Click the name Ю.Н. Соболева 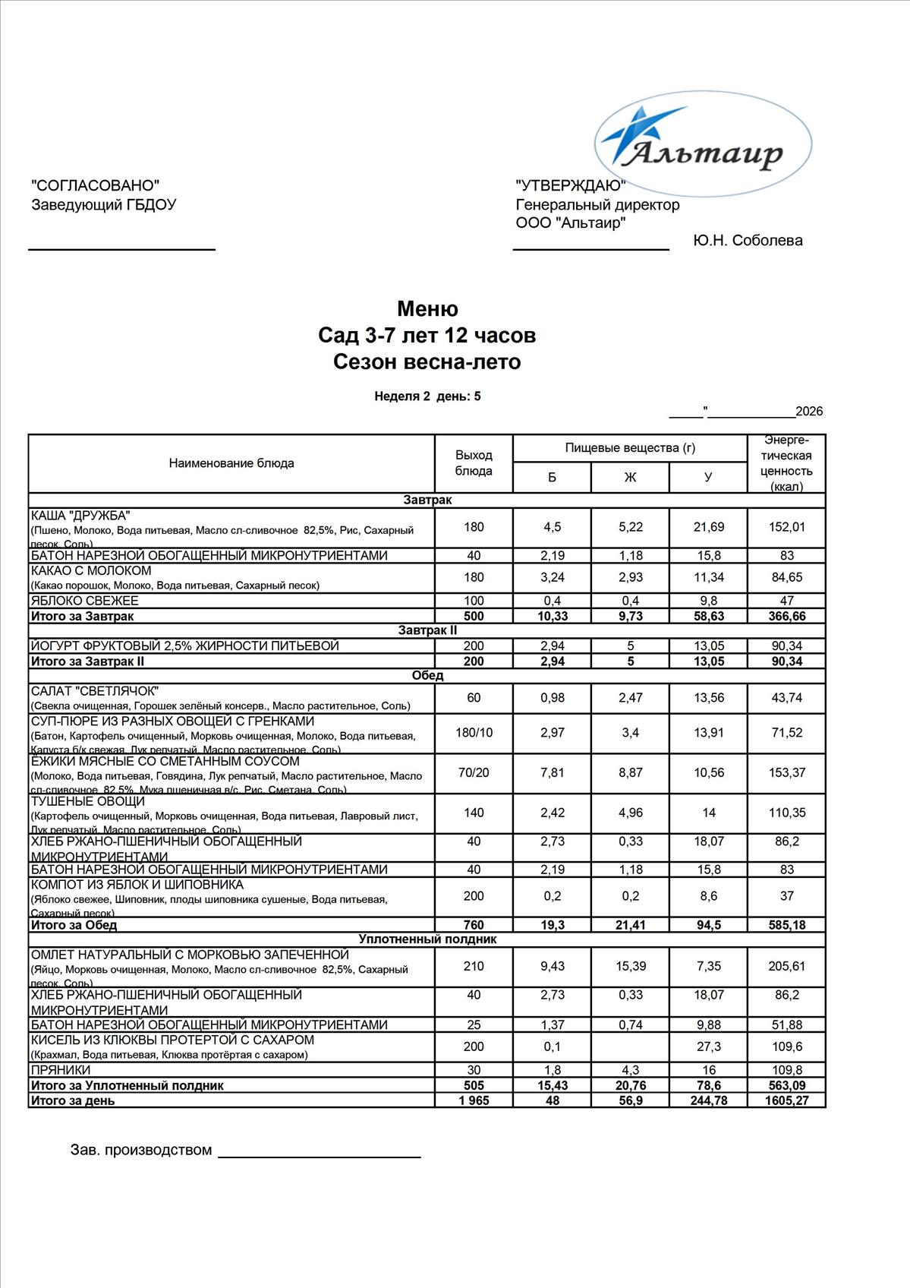pyautogui.click(x=748, y=241)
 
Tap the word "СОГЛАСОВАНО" pyautogui.click(x=96, y=185)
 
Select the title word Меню pyautogui.click(x=427, y=309)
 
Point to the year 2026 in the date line pyautogui.click(x=809, y=412)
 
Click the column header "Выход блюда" pyautogui.click(x=474, y=463)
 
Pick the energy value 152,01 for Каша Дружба pyautogui.click(x=786, y=527)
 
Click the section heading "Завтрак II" pyautogui.click(x=427, y=630)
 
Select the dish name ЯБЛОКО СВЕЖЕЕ pyautogui.click(x=84, y=601)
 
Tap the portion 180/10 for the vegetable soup pyautogui.click(x=474, y=733)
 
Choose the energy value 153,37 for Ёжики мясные pyautogui.click(x=786, y=772)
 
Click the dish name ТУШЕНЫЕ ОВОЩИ pyautogui.click(x=87, y=802)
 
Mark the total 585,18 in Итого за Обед pyautogui.click(x=786, y=925)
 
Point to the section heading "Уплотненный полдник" pyautogui.click(x=427, y=939)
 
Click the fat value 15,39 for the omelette pyautogui.click(x=630, y=966)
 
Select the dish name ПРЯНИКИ pyautogui.click(x=61, y=1070)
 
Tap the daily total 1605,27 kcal pyautogui.click(x=786, y=1100)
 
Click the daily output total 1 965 pyautogui.click(x=474, y=1100)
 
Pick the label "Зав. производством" pyautogui.click(x=141, y=1150)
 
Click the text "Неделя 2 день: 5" pyautogui.click(x=427, y=396)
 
